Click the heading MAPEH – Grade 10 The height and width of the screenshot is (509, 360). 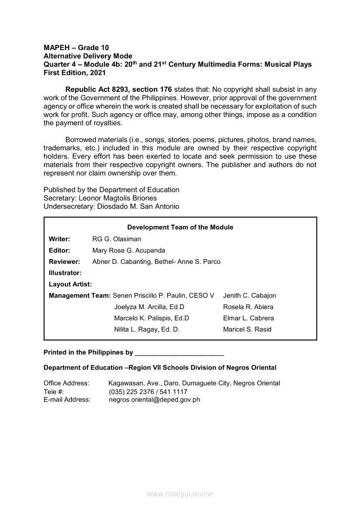pos(76,47)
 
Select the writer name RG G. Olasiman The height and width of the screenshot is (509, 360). pos(117,239)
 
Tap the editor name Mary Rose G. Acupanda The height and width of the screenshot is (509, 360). pos(129,250)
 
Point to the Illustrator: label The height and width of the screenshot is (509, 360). pos(65,273)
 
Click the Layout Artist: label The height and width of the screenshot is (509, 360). pos(70,284)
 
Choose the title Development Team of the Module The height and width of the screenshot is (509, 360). pos(180,227)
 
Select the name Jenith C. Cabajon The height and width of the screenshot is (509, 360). pos(249,296)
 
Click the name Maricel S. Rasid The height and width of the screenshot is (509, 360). pos(247,330)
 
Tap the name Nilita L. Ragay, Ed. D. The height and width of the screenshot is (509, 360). pos(147,330)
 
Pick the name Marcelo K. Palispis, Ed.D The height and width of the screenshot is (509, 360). pos(152,318)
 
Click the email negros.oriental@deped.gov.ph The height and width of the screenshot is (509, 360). pos(154,400)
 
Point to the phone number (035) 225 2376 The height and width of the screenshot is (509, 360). pos(133,392)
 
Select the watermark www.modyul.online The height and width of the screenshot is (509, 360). pos(180,494)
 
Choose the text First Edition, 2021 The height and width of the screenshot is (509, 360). pos(75,73)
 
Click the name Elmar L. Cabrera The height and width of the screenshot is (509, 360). pos(248,318)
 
